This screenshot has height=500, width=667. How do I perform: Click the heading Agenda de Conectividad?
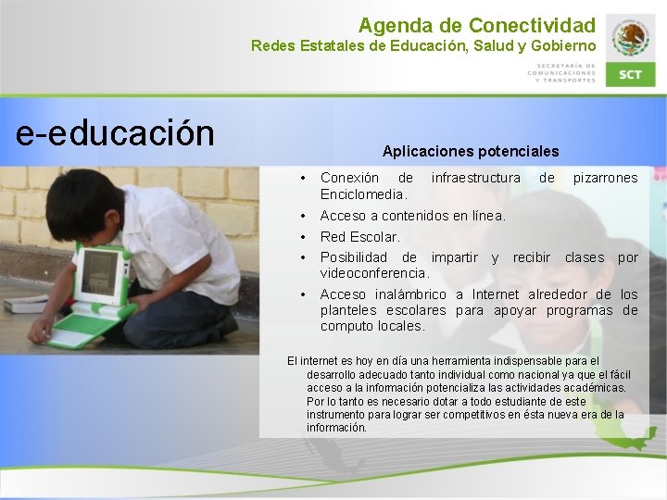click(x=477, y=24)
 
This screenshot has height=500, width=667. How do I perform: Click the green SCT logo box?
click(x=630, y=74)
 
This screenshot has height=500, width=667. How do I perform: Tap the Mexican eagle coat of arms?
click(x=631, y=38)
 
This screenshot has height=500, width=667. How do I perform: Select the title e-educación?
click(x=115, y=133)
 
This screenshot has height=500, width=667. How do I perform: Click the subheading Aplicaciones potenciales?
click(x=471, y=150)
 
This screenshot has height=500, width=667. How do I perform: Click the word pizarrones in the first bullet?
click(x=605, y=178)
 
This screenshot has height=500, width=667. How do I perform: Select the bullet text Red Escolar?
click(x=359, y=237)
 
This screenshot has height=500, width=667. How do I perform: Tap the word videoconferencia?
click(x=374, y=273)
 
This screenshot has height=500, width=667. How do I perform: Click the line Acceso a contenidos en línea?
click(x=412, y=216)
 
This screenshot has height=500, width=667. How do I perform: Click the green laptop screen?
click(x=100, y=272)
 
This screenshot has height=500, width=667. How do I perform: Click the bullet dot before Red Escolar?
click(x=304, y=237)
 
